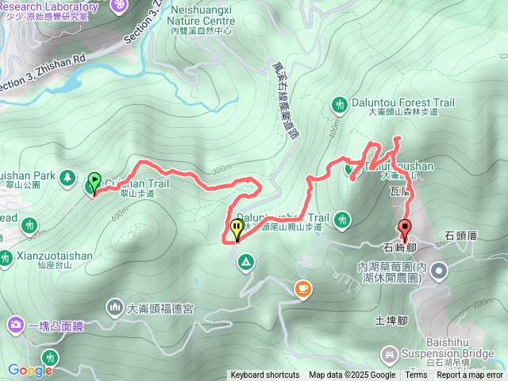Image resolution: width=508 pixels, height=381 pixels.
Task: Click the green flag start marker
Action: pos(95,182)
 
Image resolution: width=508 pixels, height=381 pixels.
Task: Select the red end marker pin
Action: pos(404,229)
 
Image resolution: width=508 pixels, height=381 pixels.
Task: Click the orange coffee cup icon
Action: pos(302,289)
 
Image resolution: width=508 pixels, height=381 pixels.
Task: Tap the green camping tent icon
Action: pos(246,261)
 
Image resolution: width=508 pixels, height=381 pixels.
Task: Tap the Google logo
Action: pos(29,370)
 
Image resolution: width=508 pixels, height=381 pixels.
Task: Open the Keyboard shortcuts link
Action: pos(265,375)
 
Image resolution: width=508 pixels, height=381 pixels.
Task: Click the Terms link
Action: pos(416,375)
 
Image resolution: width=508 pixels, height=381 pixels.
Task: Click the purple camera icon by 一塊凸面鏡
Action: pos(15,324)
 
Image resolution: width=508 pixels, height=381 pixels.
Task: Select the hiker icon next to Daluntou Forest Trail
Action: pos(340,104)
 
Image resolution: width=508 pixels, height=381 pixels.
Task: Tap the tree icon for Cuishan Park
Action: pos(67,175)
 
